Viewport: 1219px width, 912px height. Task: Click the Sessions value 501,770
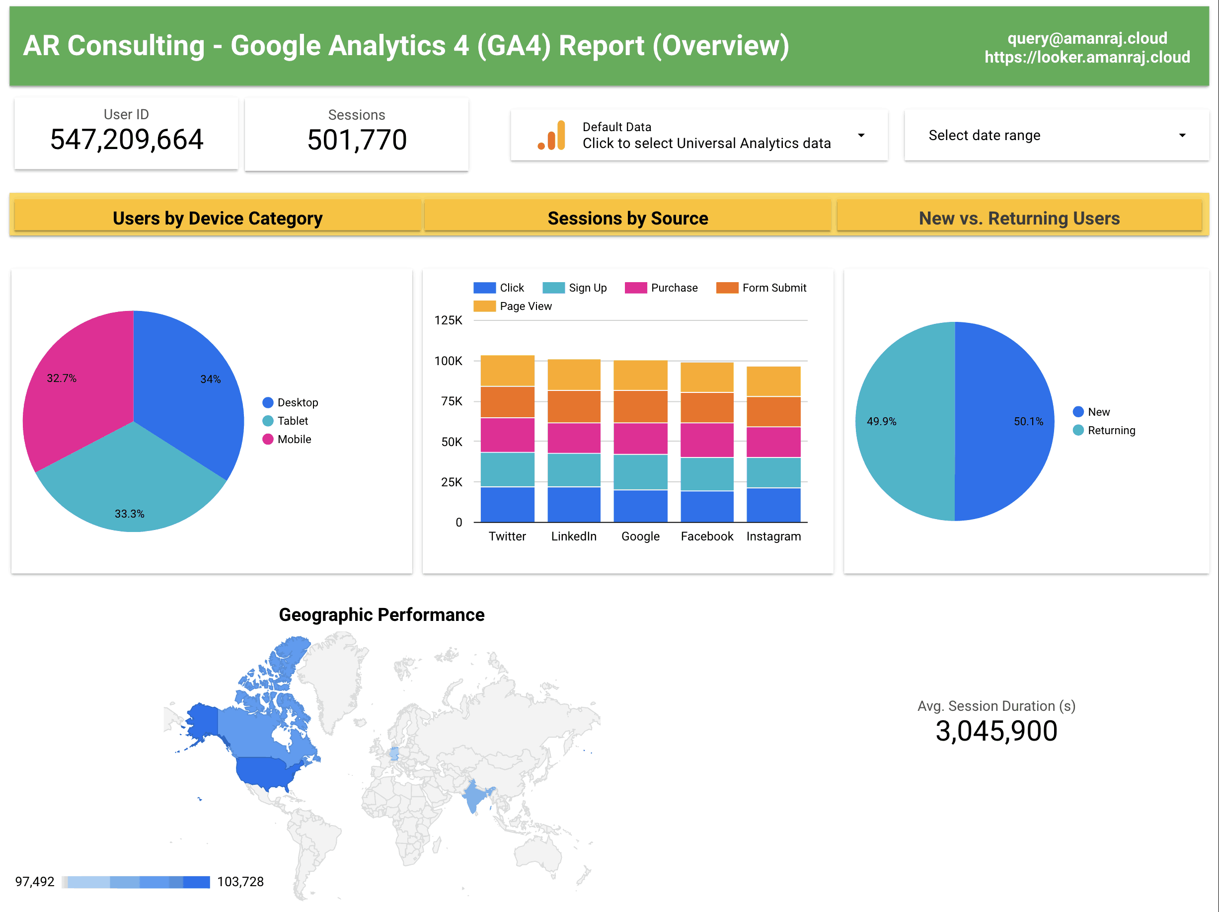pyautogui.click(x=357, y=140)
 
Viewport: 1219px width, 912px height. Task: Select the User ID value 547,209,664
pyautogui.click(x=127, y=139)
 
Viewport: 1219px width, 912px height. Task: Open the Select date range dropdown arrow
pyautogui.click(x=1182, y=136)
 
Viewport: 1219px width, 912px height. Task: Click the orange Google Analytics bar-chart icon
pyautogui.click(x=552, y=136)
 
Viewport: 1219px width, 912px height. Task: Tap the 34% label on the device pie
pyautogui.click(x=210, y=379)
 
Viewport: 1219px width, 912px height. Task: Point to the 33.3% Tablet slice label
pyautogui.click(x=130, y=514)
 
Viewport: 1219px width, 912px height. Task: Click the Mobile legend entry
pyautogui.click(x=294, y=439)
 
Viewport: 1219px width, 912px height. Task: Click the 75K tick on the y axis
pyautogui.click(x=452, y=401)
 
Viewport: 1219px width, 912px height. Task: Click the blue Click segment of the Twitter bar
pyautogui.click(x=507, y=504)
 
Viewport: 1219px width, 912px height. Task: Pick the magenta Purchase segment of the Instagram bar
pyautogui.click(x=773, y=442)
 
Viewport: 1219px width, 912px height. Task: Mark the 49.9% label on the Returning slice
pyautogui.click(x=881, y=422)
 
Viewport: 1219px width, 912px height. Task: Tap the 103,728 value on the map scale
pyautogui.click(x=240, y=882)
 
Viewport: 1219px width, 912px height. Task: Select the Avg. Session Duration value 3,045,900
pyautogui.click(x=996, y=731)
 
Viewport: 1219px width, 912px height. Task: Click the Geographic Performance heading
pyautogui.click(x=381, y=614)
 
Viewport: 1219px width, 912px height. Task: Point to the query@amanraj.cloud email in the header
pyautogui.click(x=1087, y=38)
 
